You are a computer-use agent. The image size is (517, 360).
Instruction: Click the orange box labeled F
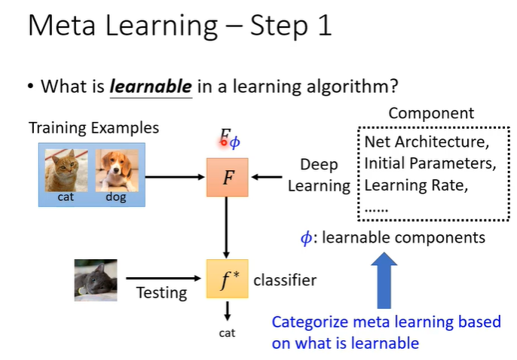227,177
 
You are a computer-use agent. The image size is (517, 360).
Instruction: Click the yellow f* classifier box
227,279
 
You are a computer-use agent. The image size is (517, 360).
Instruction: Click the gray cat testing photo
96,279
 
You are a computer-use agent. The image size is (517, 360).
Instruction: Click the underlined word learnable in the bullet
151,87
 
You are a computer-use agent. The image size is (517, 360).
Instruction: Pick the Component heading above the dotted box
431,114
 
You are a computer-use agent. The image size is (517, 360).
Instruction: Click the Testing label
161,292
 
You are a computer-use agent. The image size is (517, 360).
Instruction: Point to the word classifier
285,280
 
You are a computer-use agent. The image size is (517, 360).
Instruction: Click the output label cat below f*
227,332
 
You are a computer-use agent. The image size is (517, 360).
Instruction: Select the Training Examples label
94,127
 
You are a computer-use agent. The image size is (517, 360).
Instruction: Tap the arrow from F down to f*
227,226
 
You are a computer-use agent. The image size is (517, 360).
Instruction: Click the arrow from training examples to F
176,177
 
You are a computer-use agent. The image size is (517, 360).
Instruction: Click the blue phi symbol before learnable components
305,238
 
